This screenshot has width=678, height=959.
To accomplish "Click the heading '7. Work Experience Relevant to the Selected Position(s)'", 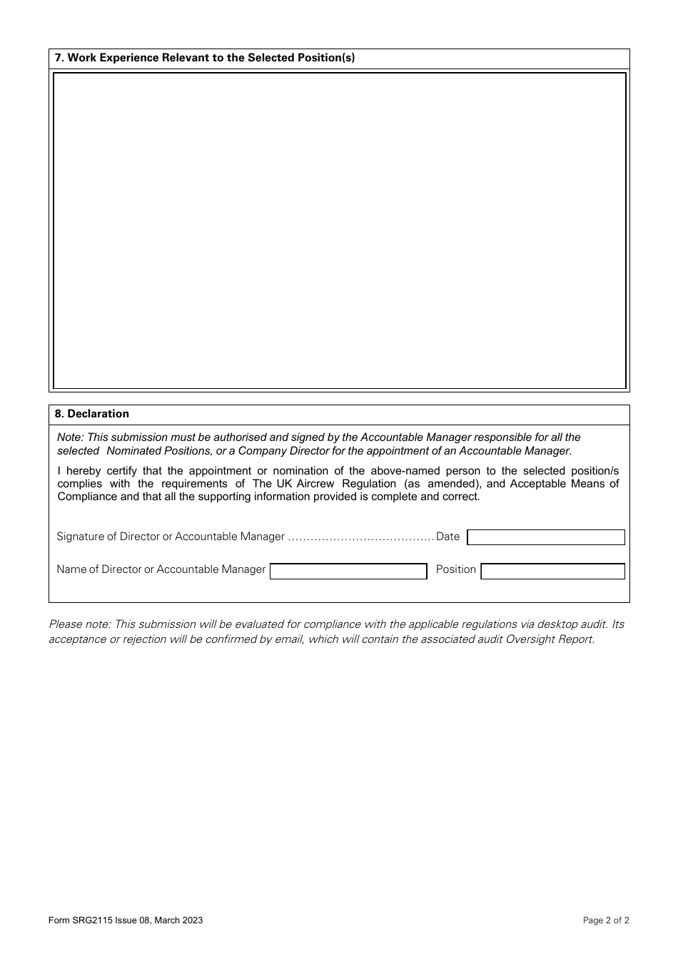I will (205, 58).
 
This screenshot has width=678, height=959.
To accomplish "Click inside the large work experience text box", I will (339, 230).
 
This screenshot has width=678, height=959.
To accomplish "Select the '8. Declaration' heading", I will (92, 414).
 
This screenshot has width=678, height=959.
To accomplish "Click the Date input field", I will (545, 537).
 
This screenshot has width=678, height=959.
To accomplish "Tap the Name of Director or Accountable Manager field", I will (348, 571).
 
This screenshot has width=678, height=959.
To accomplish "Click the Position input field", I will (552, 571).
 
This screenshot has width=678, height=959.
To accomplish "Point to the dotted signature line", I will (360, 537).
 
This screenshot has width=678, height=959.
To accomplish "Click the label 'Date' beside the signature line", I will (447, 537).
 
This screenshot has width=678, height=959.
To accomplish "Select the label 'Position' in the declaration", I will (455, 569).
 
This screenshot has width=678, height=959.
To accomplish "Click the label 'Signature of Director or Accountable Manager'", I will (171, 537).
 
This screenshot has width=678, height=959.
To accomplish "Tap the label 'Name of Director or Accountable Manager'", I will (161, 569).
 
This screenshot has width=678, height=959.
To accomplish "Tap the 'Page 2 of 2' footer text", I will (606, 920).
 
